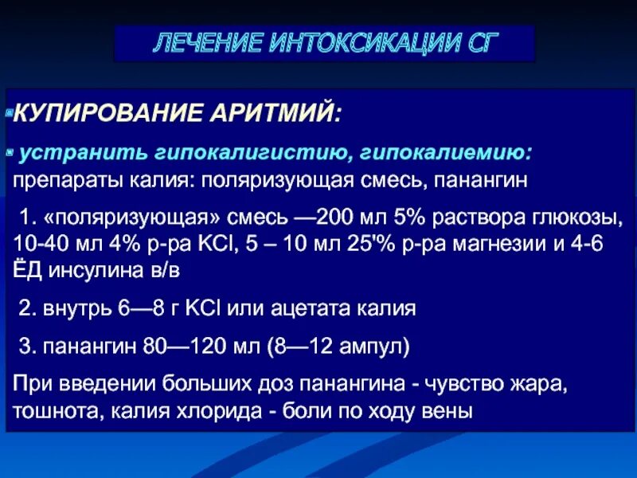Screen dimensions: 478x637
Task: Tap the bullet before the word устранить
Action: tap(10, 150)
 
